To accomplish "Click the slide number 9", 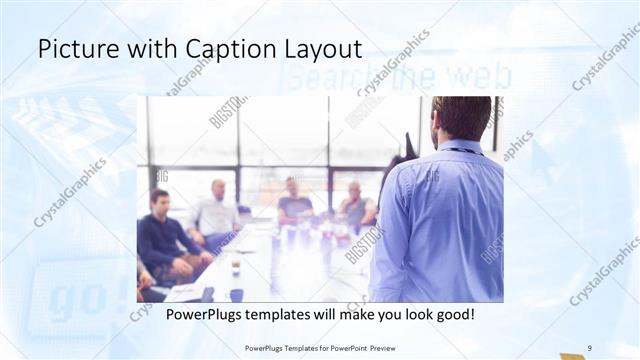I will pyautogui.click(x=590, y=347).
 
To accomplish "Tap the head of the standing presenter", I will pyautogui.click(x=461, y=118).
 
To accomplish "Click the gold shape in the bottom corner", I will pyautogui.click(x=572, y=355).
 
